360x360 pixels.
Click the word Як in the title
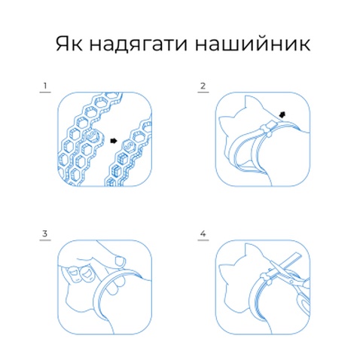point(69,44)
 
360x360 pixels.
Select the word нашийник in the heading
point(253,43)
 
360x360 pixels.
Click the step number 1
point(45,86)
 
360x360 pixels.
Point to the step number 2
point(203,86)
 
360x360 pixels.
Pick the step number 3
point(45,233)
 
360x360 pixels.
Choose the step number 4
point(203,233)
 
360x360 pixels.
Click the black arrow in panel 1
point(114,141)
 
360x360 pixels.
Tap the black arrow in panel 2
point(282,114)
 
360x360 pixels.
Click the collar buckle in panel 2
point(267,128)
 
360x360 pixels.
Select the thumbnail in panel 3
point(120,261)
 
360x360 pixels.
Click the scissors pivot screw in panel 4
point(291,282)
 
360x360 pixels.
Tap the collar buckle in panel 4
point(267,279)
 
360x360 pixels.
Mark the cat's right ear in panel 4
point(252,251)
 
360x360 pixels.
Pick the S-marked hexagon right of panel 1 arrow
point(129,146)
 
